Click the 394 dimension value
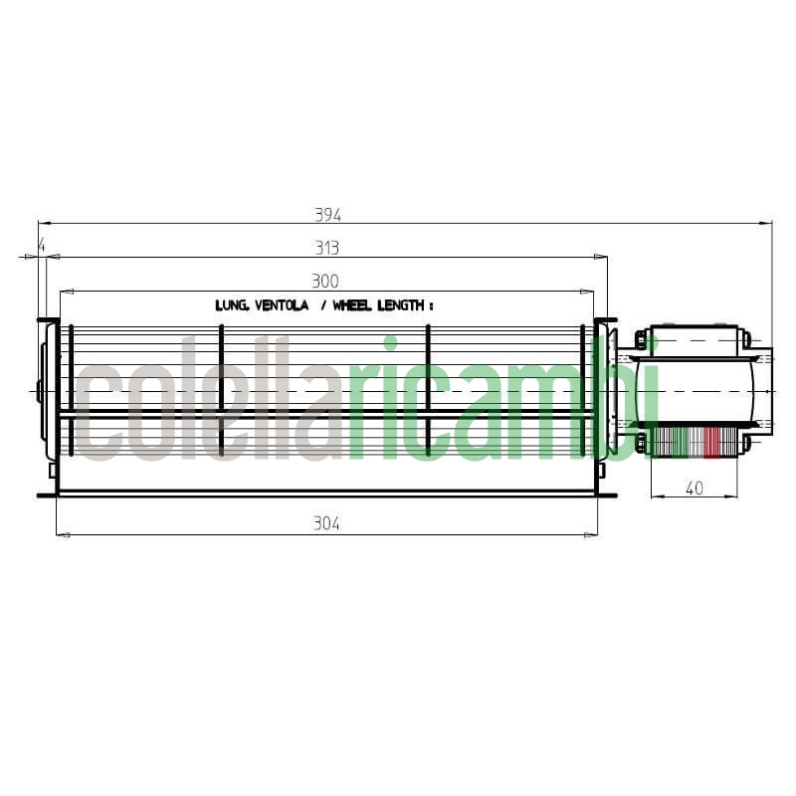point(327,214)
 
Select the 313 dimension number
point(326,248)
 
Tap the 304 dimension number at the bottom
point(326,524)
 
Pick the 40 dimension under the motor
point(694,488)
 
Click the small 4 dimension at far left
point(41,244)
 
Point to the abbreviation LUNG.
point(233,305)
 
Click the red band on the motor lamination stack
point(710,443)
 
